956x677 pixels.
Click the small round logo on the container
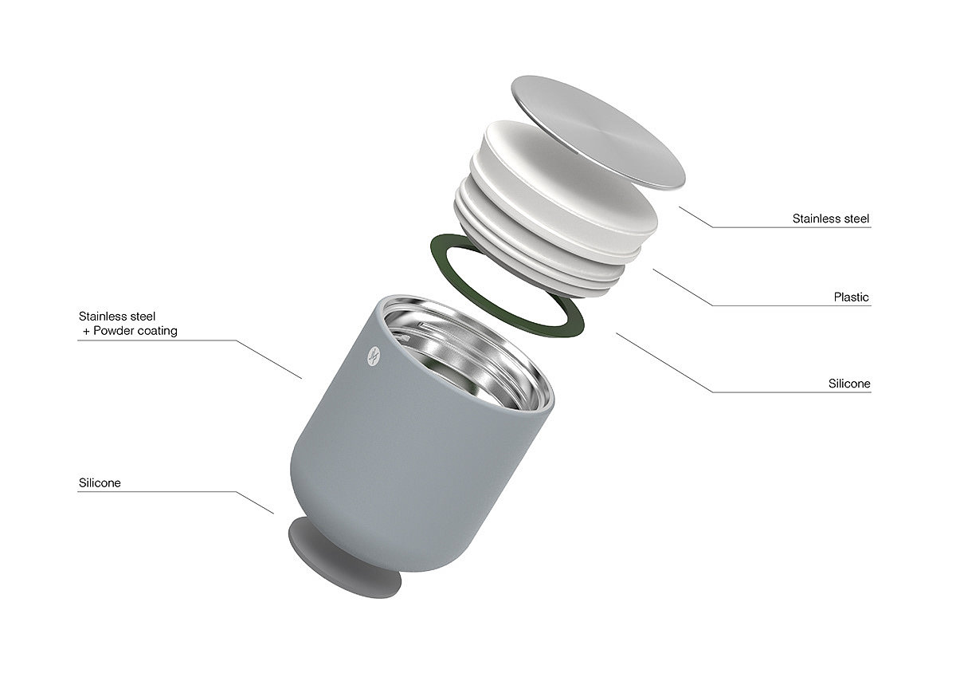tap(374, 356)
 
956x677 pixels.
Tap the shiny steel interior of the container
tap(465, 355)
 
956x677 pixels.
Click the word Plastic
tap(851, 297)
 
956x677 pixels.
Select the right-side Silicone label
tap(849, 384)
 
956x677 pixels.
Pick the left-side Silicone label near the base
tap(100, 482)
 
